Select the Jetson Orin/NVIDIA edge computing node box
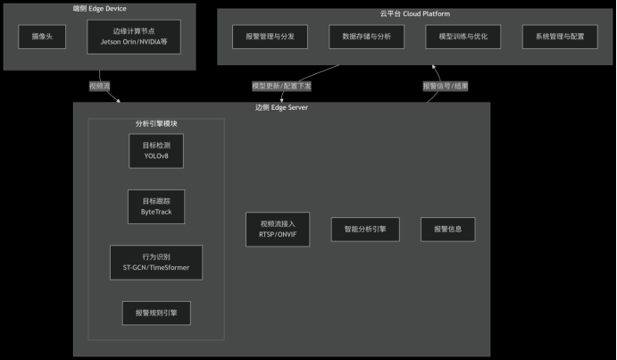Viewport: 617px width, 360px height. click(134, 37)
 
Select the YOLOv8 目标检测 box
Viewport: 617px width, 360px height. click(156, 149)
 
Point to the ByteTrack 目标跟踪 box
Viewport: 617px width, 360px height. click(156, 207)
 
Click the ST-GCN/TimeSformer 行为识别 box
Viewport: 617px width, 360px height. click(156, 262)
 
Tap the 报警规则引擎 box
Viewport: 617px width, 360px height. click(156, 314)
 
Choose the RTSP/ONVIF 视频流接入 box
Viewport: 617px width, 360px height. click(278, 230)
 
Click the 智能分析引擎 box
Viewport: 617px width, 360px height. click(365, 230)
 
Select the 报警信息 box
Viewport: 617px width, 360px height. click(448, 230)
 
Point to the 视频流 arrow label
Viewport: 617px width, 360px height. click(99, 87)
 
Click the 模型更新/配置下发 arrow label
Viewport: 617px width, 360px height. click(281, 87)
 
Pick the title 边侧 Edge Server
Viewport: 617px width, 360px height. click(281, 108)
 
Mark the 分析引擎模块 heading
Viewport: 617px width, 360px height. click(156, 123)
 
